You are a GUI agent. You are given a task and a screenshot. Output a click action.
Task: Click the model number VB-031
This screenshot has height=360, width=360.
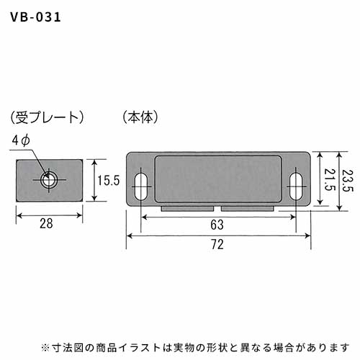click(x=35, y=17)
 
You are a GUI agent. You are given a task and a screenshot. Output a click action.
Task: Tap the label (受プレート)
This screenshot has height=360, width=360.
click(x=47, y=117)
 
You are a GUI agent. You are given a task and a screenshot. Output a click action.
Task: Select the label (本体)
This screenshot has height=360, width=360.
click(x=140, y=117)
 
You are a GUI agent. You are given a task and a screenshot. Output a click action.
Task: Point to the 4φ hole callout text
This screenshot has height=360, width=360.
click(x=21, y=140)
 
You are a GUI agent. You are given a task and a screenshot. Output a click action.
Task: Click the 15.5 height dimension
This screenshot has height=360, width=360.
click(x=109, y=180)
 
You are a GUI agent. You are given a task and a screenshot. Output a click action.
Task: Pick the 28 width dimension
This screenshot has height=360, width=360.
click(x=46, y=223)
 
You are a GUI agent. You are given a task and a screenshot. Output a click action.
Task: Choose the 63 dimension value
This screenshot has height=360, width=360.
click(x=217, y=225)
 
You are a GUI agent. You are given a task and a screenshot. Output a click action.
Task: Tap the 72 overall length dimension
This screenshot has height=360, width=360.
click(x=217, y=245)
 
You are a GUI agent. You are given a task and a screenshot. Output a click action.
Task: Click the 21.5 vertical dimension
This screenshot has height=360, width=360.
click(x=329, y=179)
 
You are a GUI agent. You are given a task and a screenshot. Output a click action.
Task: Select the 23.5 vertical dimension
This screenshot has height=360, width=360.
click(x=348, y=181)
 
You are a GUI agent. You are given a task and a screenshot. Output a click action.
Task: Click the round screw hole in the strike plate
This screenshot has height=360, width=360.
click(x=49, y=180)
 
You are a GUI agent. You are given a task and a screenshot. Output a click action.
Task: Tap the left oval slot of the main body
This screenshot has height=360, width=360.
click(x=141, y=186)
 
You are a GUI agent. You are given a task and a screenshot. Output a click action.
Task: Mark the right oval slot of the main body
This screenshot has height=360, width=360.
click(x=296, y=186)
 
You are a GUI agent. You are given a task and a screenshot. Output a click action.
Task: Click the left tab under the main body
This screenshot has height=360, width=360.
click(x=187, y=208)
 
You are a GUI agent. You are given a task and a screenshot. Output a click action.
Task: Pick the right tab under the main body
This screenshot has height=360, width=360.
click(x=248, y=208)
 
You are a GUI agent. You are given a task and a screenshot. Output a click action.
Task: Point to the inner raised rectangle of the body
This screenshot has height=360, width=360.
click(x=218, y=179)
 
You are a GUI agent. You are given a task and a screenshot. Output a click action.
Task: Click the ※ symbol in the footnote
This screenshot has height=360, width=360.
click(x=45, y=348)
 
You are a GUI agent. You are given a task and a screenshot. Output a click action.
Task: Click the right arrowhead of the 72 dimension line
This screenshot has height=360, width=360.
click(x=307, y=236)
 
